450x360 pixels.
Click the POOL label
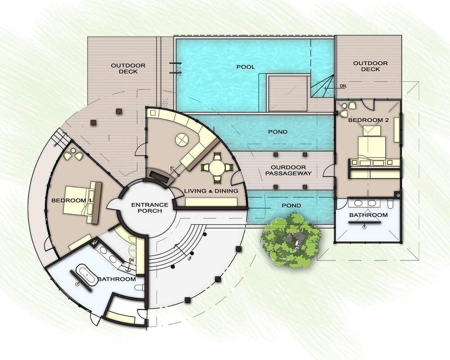pyautogui.click(x=246, y=67)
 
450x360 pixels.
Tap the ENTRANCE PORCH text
pyautogui.click(x=150, y=208)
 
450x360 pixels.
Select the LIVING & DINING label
pyautogui.click(x=211, y=191)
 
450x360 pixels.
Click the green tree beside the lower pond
pyautogui.click(x=291, y=241)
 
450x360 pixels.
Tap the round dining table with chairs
pyautogui.click(x=217, y=167)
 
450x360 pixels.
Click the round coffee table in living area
pyautogui.click(x=181, y=140)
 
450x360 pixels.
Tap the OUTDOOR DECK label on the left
pyautogui.click(x=128, y=68)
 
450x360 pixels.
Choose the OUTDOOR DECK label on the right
pyautogui.click(x=370, y=66)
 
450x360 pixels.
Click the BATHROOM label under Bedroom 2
pyautogui.click(x=369, y=215)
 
